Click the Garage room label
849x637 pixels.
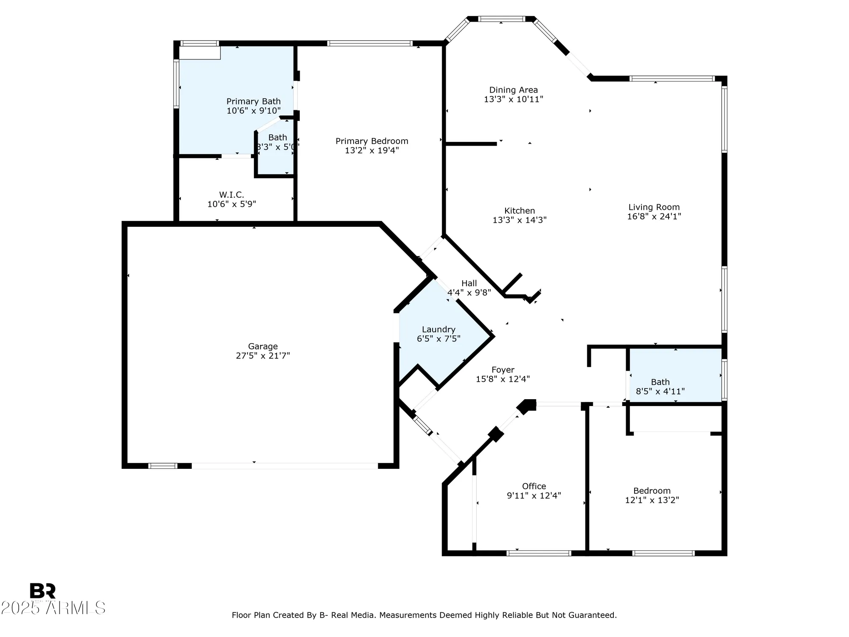point(263,347)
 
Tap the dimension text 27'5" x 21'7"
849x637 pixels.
point(263,356)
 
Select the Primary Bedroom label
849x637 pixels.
point(372,141)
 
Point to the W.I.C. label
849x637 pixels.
point(231,194)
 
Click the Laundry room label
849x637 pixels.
point(439,330)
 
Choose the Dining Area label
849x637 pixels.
point(513,90)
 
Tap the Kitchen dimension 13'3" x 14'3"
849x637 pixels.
point(519,220)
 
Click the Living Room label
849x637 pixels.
point(654,207)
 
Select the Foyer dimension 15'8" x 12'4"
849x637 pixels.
point(503,379)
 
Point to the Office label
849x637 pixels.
point(534,486)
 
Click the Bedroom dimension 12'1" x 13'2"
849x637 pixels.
point(652,500)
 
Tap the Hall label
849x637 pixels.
point(469,283)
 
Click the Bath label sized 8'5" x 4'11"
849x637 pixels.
point(660,382)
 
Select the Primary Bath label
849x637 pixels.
point(253,101)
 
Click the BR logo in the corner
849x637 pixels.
point(42,591)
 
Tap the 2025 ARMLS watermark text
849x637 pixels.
point(53,608)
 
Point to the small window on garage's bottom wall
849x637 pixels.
point(163,466)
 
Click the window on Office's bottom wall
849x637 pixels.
point(539,553)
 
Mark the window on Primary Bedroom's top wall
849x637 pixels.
point(369,43)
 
